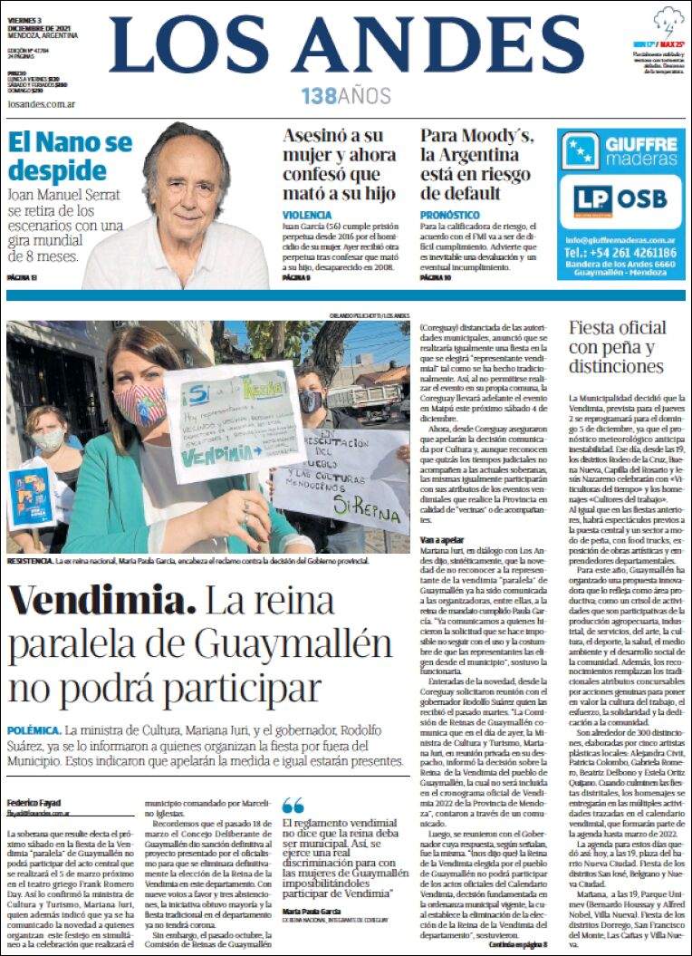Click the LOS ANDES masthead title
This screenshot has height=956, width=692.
(x=346, y=45)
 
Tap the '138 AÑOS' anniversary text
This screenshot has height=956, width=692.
(x=346, y=95)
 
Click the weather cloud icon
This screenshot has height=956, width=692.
(x=670, y=21)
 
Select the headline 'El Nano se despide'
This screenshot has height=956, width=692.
(x=70, y=158)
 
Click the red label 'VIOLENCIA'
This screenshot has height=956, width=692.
(x=306, y=214)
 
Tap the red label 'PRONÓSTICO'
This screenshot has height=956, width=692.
(x=449, y=214)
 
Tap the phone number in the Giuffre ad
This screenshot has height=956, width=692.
(x=621, y=253)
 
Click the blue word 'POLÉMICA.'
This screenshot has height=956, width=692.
(x=34, y=730)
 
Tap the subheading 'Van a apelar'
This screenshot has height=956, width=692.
(x=442, y=539)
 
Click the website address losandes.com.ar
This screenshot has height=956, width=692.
(x=40, y=104)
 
